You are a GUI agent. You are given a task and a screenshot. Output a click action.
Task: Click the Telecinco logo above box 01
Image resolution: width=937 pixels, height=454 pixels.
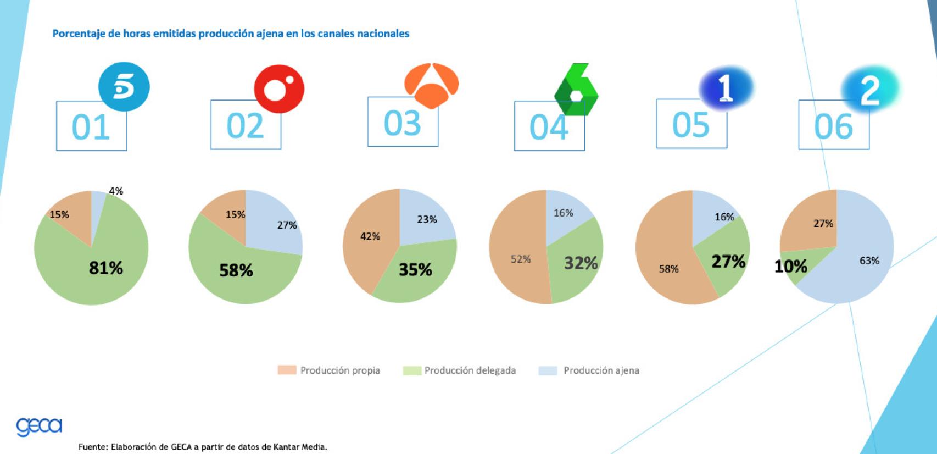[x=124, y=87]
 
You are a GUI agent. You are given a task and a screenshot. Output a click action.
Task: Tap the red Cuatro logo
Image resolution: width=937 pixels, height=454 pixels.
[x=278, y=89]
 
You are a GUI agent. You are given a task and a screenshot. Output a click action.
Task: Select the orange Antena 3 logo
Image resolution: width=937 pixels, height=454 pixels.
[x=431, y=85]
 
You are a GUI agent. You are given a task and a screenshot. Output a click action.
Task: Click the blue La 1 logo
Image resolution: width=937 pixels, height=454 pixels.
[x=726, y=88]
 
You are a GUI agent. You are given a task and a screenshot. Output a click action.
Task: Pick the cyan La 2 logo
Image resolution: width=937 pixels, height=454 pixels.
[x=869, y=90]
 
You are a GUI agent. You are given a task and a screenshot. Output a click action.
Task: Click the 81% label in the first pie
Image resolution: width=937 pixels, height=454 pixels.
[x=106, y=268]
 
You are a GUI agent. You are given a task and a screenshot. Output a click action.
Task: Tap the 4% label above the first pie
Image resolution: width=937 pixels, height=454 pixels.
[x=116, y=191]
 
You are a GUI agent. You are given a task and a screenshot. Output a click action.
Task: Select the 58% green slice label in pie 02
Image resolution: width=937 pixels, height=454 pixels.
[x=236, y=270]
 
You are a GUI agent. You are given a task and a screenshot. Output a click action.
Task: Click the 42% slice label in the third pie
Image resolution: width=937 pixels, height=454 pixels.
[x=370, y=236]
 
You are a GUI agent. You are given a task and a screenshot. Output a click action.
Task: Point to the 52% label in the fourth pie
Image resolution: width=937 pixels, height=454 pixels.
[x=521, y=259]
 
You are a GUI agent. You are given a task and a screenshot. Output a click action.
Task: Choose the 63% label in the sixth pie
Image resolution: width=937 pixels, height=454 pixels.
[x=869, y=261]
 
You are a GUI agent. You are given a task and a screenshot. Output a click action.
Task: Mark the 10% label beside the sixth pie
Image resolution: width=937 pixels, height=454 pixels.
[x=790, y=267]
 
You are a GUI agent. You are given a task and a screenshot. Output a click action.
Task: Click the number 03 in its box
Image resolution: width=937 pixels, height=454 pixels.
[x=403, y=123]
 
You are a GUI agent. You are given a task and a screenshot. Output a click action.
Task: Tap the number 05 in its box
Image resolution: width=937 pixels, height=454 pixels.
[x=691, y=125]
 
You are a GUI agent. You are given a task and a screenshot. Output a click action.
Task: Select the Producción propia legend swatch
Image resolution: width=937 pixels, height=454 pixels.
[x=287, y=370]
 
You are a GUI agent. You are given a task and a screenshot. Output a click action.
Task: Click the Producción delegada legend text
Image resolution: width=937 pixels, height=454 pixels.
[x=470, y=370]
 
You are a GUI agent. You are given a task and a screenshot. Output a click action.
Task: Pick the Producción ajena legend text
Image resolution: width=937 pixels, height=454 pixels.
[x=601, y=370]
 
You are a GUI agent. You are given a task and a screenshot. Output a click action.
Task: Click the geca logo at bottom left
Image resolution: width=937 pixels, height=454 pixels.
[x=39, y=427]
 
